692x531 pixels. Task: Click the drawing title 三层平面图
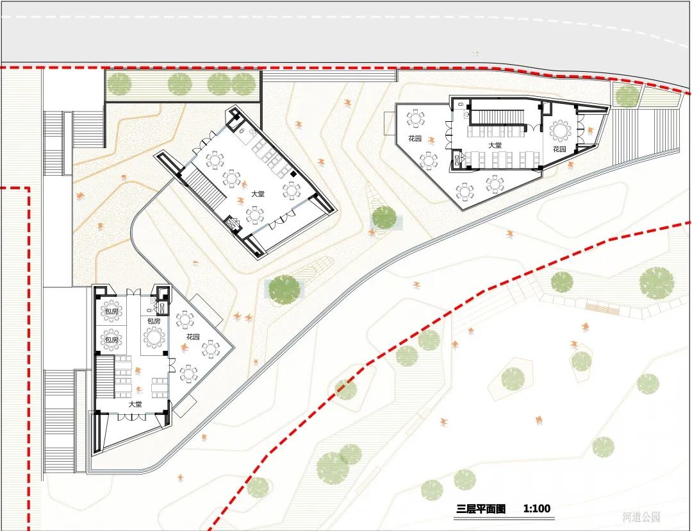481,509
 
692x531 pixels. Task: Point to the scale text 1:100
537,509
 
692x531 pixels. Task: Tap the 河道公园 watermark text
641,517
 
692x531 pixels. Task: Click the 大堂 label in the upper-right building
495,146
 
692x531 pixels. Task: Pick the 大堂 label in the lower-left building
135,404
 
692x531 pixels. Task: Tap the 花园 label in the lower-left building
193,337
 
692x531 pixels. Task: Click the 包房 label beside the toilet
154,321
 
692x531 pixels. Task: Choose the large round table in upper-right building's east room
562,131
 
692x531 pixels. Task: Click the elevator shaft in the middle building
231,224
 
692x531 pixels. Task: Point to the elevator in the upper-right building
457,158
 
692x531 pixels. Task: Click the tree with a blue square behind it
384,218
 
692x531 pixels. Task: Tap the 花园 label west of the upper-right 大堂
415,139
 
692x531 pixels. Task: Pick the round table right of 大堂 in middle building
292,190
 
